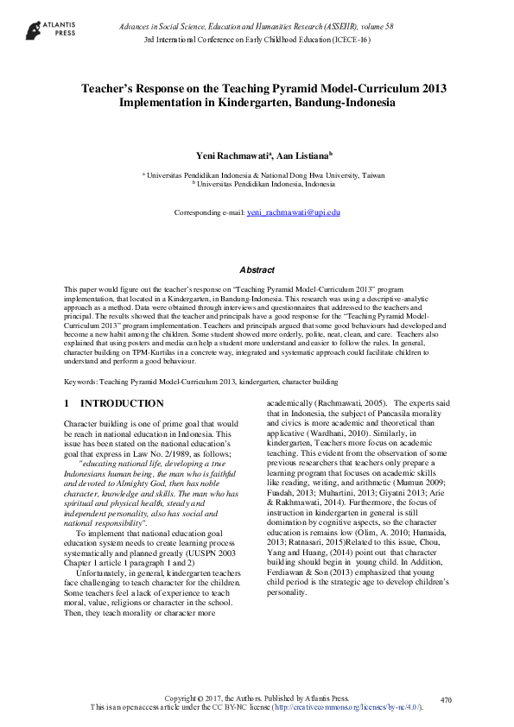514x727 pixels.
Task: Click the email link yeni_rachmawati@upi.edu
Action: pos(294,212)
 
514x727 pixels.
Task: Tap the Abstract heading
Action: pos(257,270)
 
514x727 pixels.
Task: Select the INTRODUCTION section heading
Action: pos(121,403)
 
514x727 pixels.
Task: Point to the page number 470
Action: pos(447,699)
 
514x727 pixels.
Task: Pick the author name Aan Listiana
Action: pos(300,155)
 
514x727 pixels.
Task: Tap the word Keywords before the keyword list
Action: pos(80,381)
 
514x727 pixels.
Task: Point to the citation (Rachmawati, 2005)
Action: pos(339,402)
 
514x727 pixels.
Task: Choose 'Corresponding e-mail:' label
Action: pos(210,212)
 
